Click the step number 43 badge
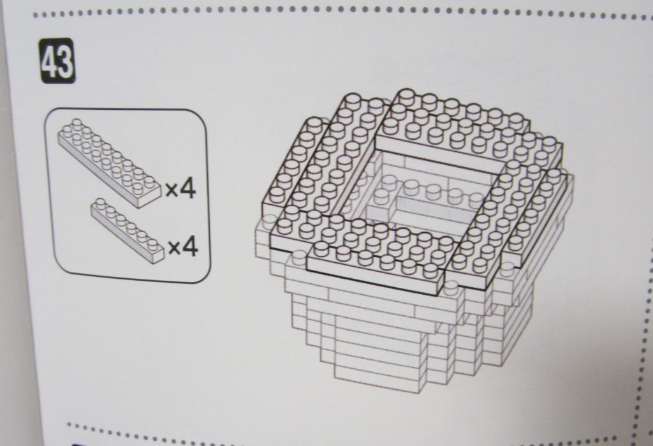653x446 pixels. click(58, 61)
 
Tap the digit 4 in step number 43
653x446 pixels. click(50, 61)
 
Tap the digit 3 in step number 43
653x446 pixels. click(66, 61)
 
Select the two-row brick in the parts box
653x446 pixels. click(109, 163)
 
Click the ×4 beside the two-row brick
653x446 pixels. click(180, 190)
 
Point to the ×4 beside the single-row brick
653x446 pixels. click(183, 247)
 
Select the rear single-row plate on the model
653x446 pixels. click(458, 109)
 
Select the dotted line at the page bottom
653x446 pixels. click(333, 433)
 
